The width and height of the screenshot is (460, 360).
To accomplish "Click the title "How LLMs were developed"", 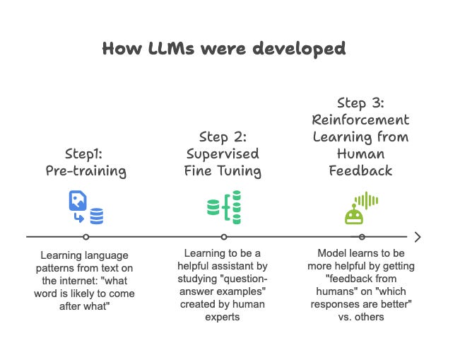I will (224, 48).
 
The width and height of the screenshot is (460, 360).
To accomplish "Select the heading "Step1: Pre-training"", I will (86, 163).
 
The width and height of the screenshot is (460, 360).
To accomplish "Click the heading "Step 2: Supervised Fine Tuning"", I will (224, 153).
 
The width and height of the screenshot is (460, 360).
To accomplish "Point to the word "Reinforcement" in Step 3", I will (361, 120).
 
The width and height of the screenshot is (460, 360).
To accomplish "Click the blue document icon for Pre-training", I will (77, 202).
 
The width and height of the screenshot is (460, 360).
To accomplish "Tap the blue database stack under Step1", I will (97, 216).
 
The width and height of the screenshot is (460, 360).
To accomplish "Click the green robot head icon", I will (353, 215).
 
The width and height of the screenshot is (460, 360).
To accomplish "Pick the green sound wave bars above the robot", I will (367, 200).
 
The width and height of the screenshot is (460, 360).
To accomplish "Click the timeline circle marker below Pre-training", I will (86, 237).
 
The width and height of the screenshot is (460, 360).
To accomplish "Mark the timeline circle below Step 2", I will (224, 237).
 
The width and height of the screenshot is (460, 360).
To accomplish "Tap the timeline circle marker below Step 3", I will (362, 237).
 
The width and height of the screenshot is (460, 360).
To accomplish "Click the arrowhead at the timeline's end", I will (418, 237).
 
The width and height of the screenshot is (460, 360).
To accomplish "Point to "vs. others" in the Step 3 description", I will (361, 317).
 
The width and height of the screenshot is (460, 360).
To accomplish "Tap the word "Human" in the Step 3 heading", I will (361, 153).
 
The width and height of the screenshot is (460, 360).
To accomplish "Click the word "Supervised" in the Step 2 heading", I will (224, 153).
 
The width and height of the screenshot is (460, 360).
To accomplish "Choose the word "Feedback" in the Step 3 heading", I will (361, 170).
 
